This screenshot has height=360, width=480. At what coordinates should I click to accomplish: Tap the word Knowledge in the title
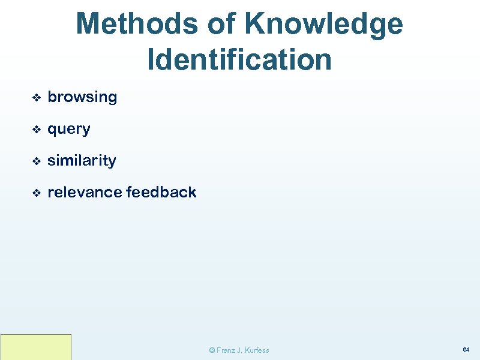(x=323, y=25)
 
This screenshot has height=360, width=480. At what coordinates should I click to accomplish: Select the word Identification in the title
(x=239, y=59)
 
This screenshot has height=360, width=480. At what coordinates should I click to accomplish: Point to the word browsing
(x=82, y=97)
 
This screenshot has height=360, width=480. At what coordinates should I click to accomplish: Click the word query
(x=69, y=129)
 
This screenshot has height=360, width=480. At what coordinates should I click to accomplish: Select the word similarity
(x=82, y=161)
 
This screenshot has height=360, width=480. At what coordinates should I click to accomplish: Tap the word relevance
(x=85, y=193)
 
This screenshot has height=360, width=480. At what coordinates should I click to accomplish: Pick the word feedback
(x=161, y=193)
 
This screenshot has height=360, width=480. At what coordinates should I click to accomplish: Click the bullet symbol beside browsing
(x=35, y=97)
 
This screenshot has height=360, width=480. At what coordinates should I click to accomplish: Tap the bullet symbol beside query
(x=35, y=129)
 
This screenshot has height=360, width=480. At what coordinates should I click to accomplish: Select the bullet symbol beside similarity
(x=35, y=161)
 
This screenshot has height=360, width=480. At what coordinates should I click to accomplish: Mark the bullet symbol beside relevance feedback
(x=35, y=193)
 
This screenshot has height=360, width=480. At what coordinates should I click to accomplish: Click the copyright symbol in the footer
(x=212, y=350)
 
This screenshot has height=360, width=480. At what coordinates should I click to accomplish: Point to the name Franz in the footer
(x=226, y=350)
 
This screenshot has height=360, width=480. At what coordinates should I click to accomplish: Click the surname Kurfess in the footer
(x=257, y=350)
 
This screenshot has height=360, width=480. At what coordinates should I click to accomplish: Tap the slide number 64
(x=466, y=349)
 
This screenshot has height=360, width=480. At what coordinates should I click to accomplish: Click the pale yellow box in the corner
(x=36, y=347)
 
